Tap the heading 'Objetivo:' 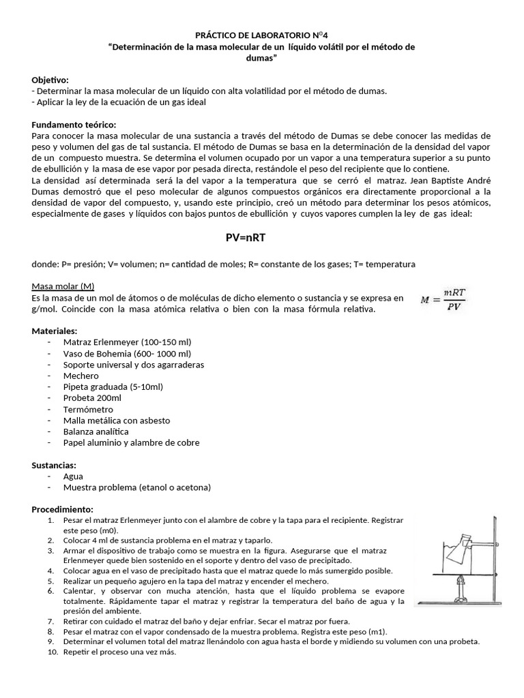point(50,80)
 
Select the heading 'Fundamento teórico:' point(74,125)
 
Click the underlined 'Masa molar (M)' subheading point(63,287)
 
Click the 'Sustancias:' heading point(55,466)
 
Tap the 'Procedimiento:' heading point(63,510)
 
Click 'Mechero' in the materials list point(81,376)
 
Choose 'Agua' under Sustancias point(73,476)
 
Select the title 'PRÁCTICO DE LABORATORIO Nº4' point(261,35)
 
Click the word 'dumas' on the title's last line point(261,58)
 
